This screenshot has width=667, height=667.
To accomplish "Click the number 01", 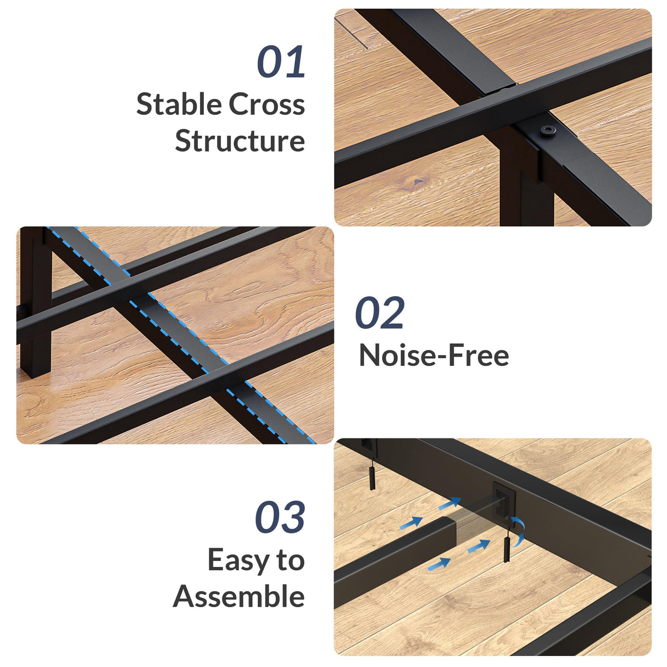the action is [x=281, y=62].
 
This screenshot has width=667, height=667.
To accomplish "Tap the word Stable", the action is [x=179, y=104].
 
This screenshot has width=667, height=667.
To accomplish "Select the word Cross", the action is [x=267, y=104].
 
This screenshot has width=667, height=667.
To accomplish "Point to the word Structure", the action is [x=240, y=140].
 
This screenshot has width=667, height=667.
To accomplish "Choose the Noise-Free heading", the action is [x=434, y=355].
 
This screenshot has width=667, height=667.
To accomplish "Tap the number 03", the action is [x=280, y=517].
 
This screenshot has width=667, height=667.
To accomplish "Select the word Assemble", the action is [x=239, y=596].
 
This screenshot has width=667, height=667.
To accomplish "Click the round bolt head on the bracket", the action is [x=548, y=130].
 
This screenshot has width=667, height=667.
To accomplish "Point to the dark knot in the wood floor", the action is [x=418, y=182].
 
